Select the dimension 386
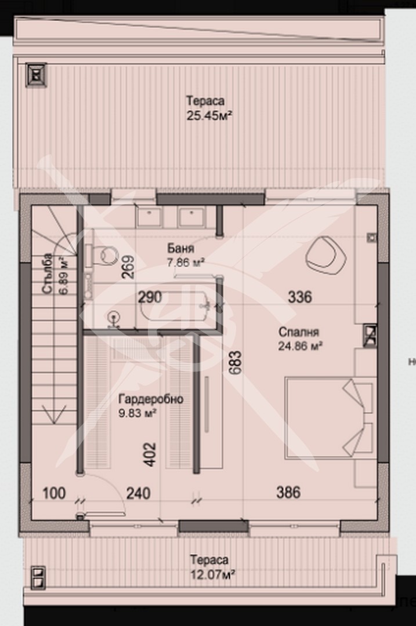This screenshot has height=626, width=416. (288, 493)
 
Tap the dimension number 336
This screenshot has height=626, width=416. (300, 297)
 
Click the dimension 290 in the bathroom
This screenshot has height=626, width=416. (150, 297)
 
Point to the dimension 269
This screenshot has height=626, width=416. (129, 267)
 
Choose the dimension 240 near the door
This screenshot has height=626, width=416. (138, 493)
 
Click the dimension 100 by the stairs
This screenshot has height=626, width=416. (55, 493)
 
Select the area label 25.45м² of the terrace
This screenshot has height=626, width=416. (209, 115)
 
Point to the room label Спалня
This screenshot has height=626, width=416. (299, 333)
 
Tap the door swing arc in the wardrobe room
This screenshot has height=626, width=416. (114, 496)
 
